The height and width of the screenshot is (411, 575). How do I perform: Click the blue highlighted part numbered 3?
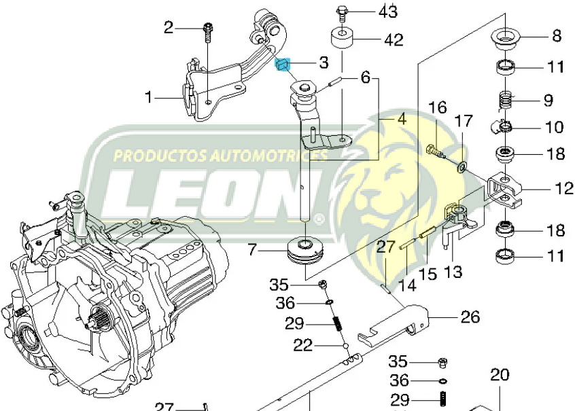(283, 65)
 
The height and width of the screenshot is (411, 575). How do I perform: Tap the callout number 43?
(387, 12)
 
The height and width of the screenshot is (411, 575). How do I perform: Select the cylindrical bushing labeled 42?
(341, 39)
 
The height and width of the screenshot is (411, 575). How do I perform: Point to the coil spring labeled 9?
(504, 101)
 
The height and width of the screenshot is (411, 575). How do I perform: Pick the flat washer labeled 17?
(463, 165)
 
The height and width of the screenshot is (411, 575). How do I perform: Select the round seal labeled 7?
(304, 250)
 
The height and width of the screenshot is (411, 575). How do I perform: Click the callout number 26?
(470, 317)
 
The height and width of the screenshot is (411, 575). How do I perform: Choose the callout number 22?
(303, 346)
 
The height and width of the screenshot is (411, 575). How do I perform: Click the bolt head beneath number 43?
(341, 12)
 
